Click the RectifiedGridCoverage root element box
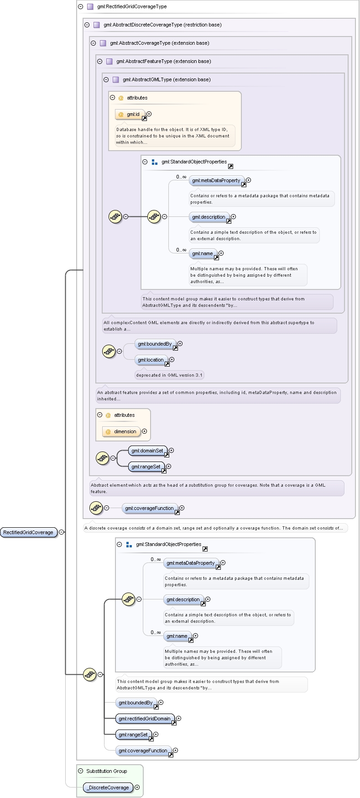(28, 532)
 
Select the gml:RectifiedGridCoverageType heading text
(132, 7)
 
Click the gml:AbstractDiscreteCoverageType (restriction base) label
(162, 25)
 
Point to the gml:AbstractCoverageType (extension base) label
(160, 43)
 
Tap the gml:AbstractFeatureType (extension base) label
(164, 62)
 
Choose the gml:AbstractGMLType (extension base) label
(167, 80)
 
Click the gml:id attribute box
(130, 114)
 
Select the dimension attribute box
(121, 431)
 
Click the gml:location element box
(151, 360)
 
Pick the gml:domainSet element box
(148, 451)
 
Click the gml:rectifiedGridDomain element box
(145, 719)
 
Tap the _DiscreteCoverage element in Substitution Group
(109, 787)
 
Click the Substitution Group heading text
(107, 771)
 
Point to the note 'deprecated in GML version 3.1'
(169, 375)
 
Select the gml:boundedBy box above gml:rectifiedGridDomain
(136, 703)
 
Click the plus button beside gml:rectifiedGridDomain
(179, 719)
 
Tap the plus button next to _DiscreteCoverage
(137, 787)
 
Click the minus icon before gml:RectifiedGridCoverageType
(81, 7)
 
